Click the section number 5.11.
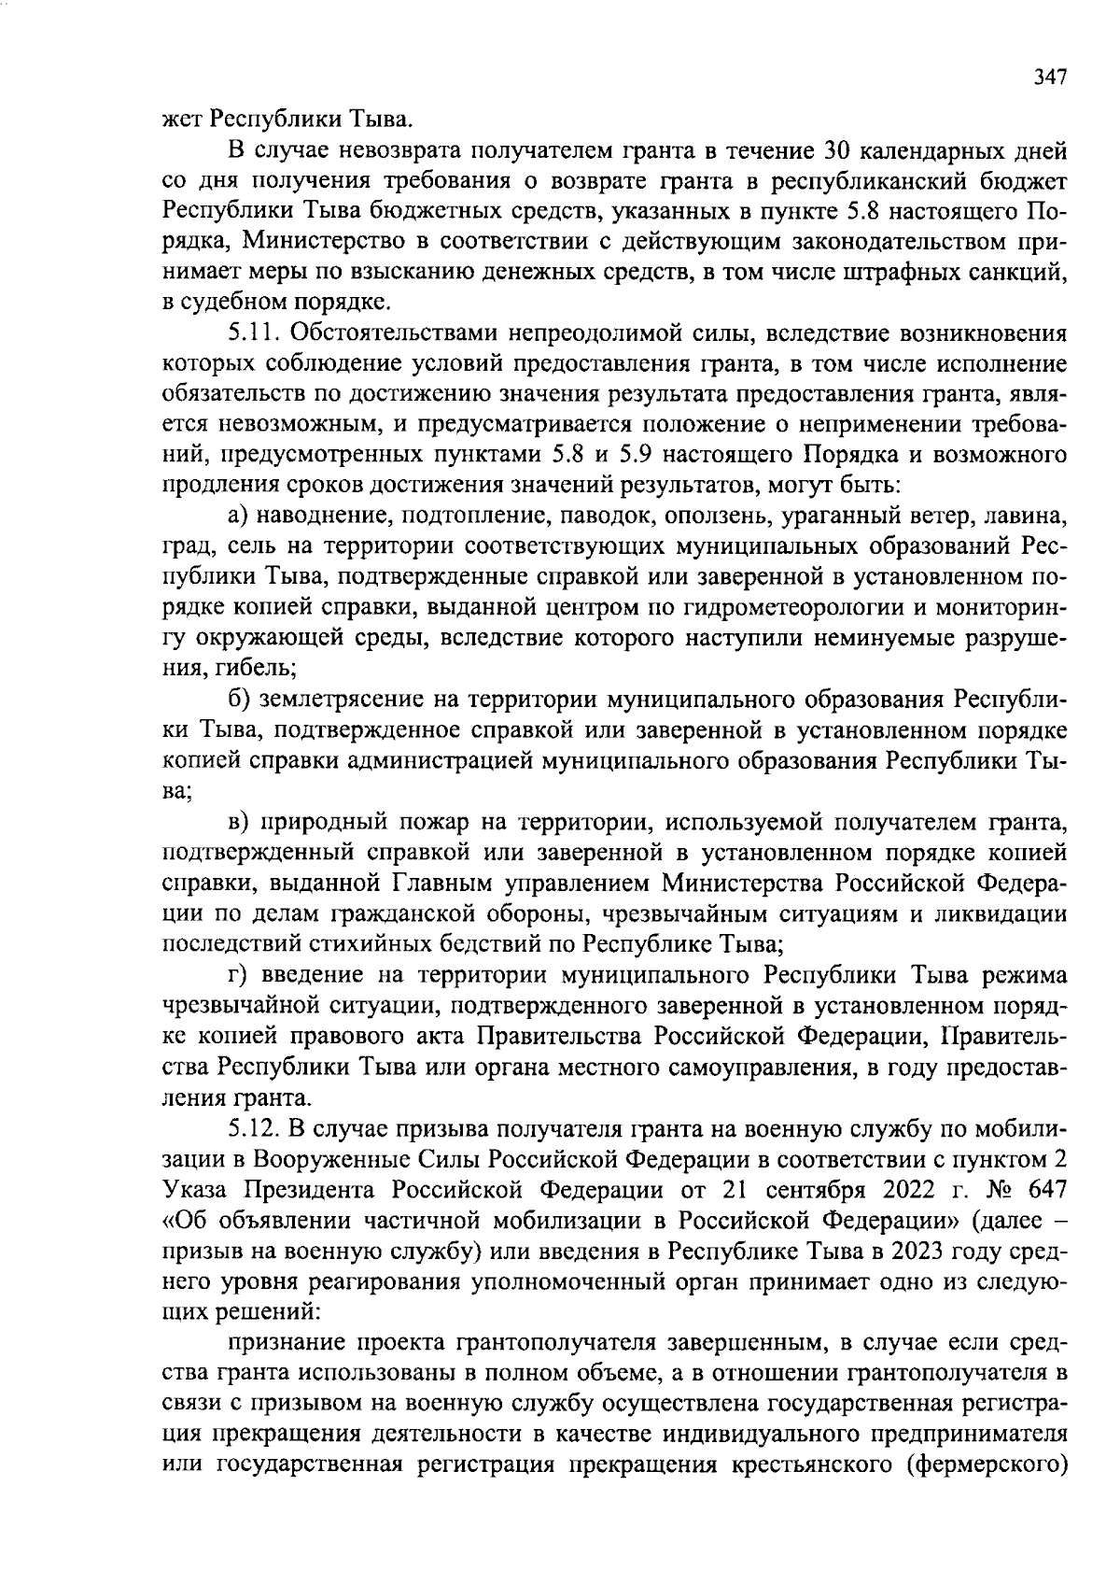click(255, 333)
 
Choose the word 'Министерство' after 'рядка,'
click(318, 242)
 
